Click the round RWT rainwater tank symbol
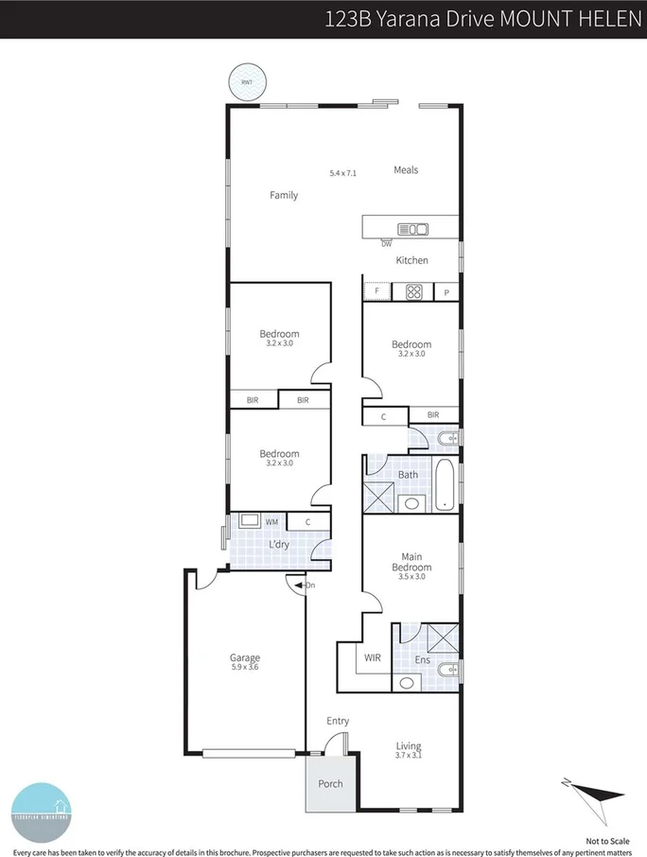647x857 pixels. pyautogui.click(x=247, y=82)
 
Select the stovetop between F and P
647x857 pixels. pyautogui.click(x=414, y=292)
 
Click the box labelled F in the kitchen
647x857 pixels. pyautogui.click(x=377, y=292)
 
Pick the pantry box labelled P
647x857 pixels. pyautogui.click(x=446, y=293)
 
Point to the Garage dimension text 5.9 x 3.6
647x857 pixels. pyautogui.click(x=244, y=668)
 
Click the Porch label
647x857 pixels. pyautogui.click(x=330, y=784)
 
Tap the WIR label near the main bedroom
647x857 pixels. pyautogui.click(x=373, y=656)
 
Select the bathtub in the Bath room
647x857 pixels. pyautogui.click(x=446, y=487)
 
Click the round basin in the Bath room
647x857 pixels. pyautogui.click(x=411, y=502)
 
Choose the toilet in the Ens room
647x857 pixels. pyautogui.click(x=446, y=672)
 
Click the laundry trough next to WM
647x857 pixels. pyautogui.click(x=251, y=520)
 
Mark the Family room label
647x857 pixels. pyautogui.click(x=284, y=196)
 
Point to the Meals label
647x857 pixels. pyautogui.click(x=406, y=170)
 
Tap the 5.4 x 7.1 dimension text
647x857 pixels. pyautogui.click(x=342, y=173)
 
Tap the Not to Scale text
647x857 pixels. pyautogui.click(x=607, y=840)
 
